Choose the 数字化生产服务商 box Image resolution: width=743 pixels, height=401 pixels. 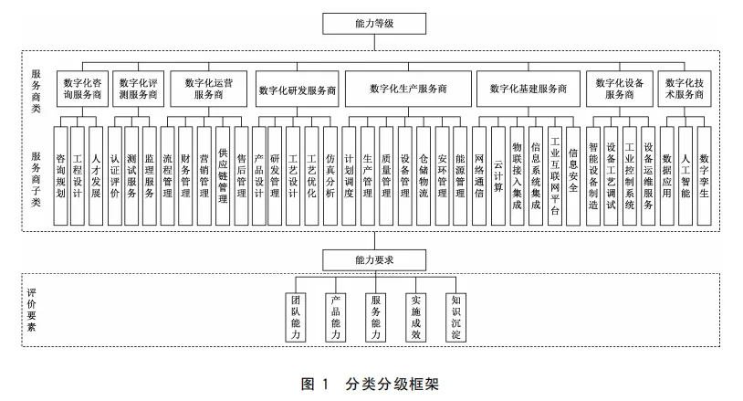coord(408,89)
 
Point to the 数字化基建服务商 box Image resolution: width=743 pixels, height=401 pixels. coord(527,89)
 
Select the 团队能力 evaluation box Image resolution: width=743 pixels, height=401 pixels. coord(296,317)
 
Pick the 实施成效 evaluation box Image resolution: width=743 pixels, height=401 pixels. coord(414,317)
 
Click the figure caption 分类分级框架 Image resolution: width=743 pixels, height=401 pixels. coord(392,384)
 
